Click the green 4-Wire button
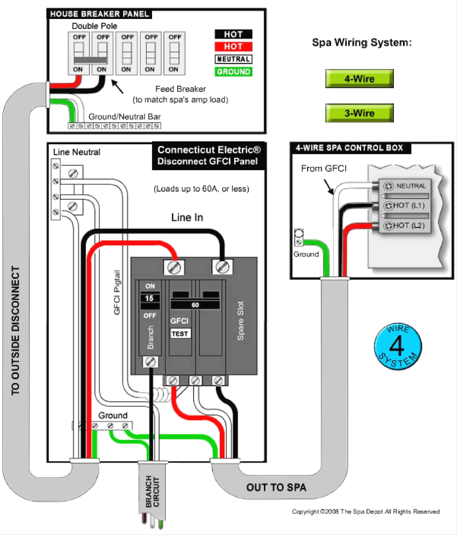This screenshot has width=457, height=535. tap(359, 79)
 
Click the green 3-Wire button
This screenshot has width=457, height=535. tap(359, 113)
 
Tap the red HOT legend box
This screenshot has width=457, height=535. tap(233, 47)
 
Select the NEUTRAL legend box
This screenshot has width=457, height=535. tap(233, 59)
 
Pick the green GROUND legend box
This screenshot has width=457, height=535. tap(233, 72)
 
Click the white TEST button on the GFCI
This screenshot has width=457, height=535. tap(180, 334)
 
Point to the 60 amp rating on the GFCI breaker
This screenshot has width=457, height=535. tap(195, 305)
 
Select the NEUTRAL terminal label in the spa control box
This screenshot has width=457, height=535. tap(411, 186)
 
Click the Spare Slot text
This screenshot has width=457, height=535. tap(240, 321)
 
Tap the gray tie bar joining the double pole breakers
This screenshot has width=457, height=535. tap(90, 60)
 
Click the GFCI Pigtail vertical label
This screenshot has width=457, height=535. tap(117, 292)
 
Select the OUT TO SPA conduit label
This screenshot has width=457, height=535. tap(276, 488)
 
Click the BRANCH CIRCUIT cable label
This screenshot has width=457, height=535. tap(152, 491)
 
